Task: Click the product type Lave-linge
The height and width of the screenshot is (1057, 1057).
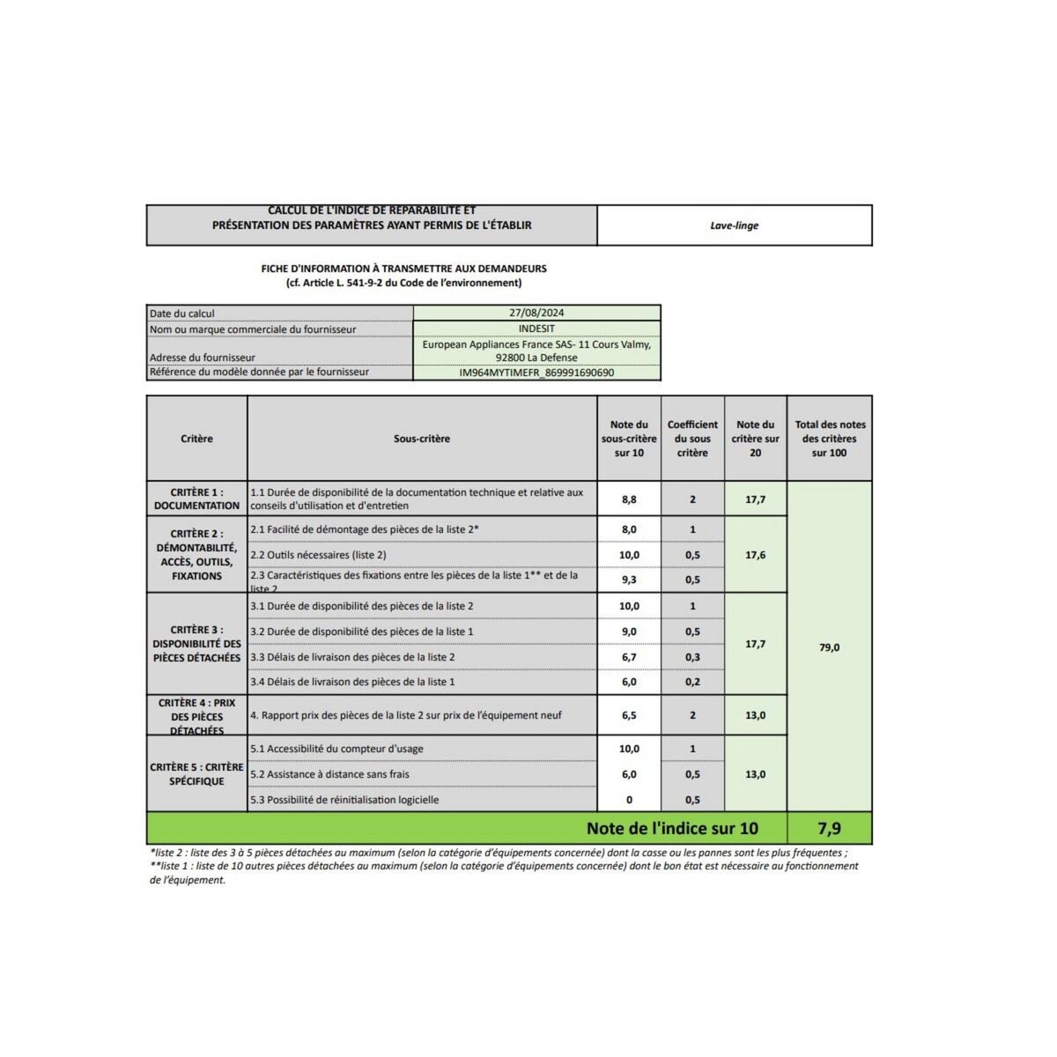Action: (x=734, y=225)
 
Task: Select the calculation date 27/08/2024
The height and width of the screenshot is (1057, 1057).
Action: (x=536, y=313)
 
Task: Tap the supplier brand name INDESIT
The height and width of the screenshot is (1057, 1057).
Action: (x=536, y=329)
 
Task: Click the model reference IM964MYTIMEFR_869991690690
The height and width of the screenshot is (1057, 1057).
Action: (x=536, y=373)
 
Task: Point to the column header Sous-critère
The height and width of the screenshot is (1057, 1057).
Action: (x=422, y=439)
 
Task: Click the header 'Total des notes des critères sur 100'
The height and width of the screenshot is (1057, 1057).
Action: (x=830, y=439)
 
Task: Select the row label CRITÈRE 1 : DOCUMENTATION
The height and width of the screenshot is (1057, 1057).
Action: (x=196, y=499)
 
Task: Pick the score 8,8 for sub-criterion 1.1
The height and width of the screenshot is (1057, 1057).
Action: (x=629, y=499)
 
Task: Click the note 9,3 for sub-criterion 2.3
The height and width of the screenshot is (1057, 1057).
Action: (x=629, y=580)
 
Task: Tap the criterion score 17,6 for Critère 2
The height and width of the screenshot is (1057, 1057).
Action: (x=755, y=555)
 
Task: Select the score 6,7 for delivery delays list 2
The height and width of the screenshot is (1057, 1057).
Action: (x=629, y=657)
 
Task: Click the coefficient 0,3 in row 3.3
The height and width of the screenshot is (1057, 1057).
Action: (x=692, y=657)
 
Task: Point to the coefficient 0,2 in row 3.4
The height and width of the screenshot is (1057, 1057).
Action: (x=692, y=682)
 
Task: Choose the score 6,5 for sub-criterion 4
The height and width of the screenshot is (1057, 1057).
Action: (x=629, y=715)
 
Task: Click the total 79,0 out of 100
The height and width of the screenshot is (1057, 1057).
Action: (x=830, y=647)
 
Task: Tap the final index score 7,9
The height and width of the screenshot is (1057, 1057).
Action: (x=829, y=829)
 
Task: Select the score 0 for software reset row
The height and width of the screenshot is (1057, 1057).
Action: (x=629, y=800)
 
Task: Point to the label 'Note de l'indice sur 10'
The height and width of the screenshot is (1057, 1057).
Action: (x=672, y=829)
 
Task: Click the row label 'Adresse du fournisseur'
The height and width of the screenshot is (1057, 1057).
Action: (x=203, y=358)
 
